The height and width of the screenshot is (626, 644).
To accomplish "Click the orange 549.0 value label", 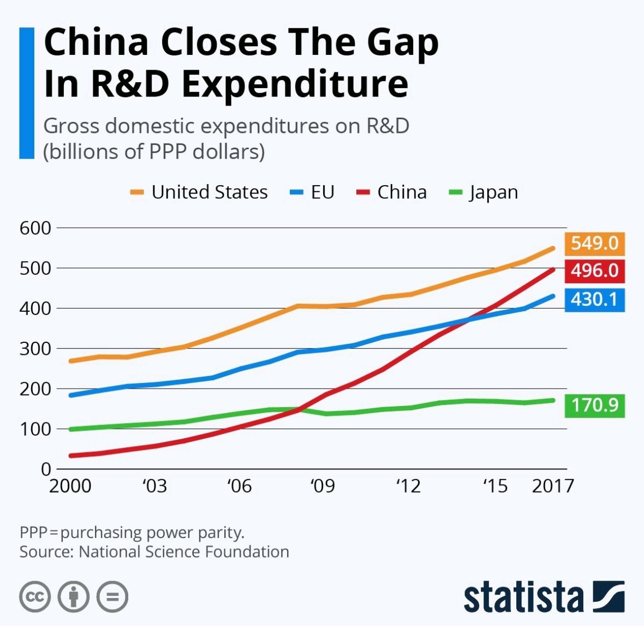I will click(x=594, y=243).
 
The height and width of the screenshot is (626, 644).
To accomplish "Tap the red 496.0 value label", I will click(x=594, y=271).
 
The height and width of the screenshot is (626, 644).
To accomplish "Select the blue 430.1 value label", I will click(x=594, y=300).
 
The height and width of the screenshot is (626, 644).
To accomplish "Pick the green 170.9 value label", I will click(x=594, y=406).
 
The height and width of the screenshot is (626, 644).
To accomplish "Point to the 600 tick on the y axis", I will click(x=35, y=228).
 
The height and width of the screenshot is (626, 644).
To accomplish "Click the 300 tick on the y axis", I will click(x=35, y=349).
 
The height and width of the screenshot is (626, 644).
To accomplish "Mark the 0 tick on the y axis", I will click(x=46, y=469).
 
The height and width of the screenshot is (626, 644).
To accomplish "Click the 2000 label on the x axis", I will click(x=70, y=486).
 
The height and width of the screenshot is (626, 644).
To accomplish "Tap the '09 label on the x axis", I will click(x=322, y=486).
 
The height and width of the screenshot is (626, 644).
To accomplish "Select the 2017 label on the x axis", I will click(x=553, y=486).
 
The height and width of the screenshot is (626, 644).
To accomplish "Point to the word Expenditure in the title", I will click(x=295, y=84).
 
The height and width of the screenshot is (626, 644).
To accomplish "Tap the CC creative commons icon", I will click(x=35, y=597).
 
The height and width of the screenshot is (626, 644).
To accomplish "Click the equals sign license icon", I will click(x=112, y=597).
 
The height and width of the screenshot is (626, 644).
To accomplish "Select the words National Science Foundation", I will click(x=184, y=552).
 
